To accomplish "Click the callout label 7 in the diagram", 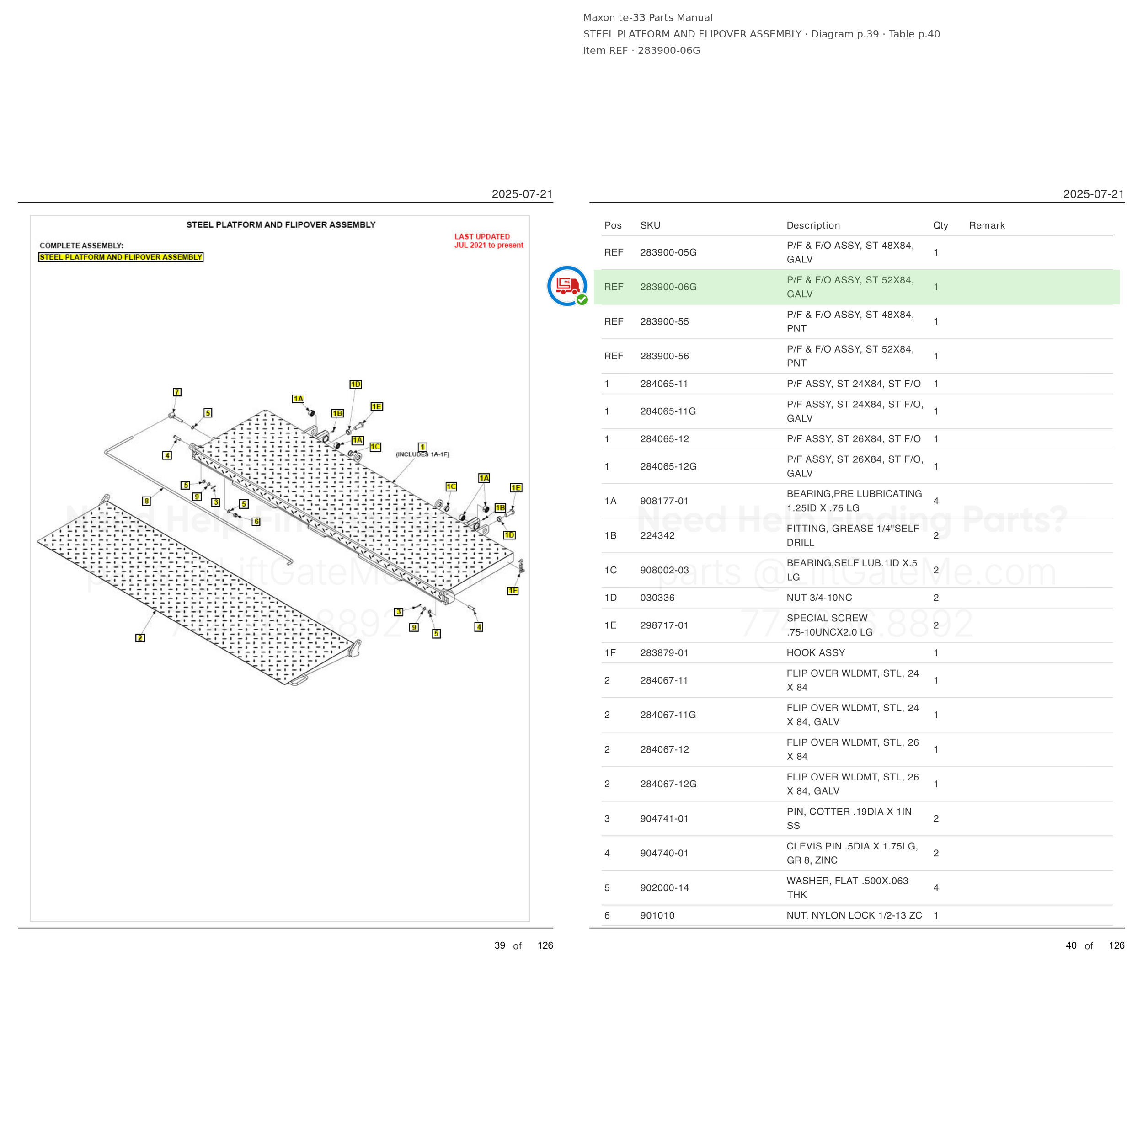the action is (177, 392).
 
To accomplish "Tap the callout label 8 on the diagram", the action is (147, 501).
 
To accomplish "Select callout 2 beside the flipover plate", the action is (140, 638).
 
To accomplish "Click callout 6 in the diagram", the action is (256, 522).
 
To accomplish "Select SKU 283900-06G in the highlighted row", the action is (668, 287).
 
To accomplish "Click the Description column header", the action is (813, 225).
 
